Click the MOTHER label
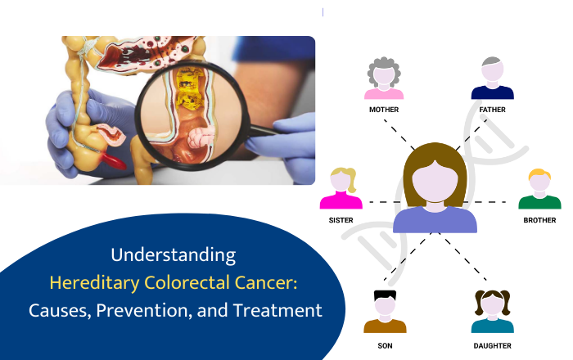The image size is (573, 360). pyautogui.click(x=384, y=109)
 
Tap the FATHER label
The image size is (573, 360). pyautogui.click(x=492, y=109)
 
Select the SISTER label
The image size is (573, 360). pyautogui.click(x=341, y=220)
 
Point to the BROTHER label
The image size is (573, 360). pyautogui.click(x=539, y=220)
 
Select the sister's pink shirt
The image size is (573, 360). pyautogui.click(x=341, y=201)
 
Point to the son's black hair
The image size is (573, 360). pyautogui.click(x=385, y=295)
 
